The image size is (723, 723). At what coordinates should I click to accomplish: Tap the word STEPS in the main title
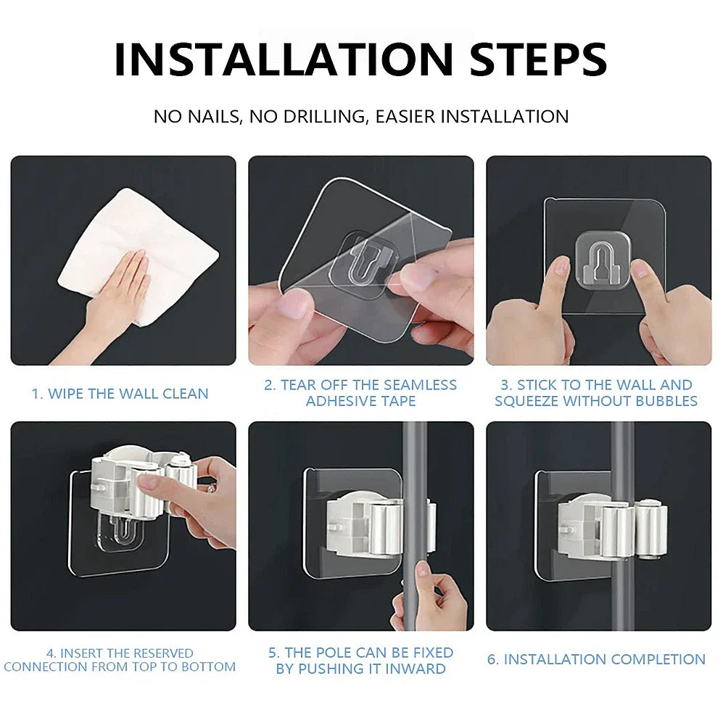[538, 59]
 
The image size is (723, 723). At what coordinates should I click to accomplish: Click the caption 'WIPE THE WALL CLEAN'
[128, 394]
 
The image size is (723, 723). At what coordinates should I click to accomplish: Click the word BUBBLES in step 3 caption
[663, 401]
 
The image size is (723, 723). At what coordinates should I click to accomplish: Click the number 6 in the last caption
[491, 659]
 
